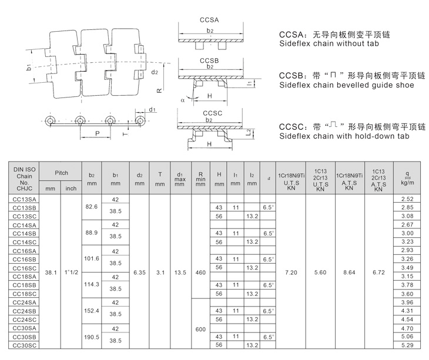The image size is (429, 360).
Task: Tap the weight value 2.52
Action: pos(407,200)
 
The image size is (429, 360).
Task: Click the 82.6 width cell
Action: pos(91,208)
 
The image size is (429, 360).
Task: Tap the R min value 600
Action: pos(200,329)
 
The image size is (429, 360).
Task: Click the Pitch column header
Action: pos(61,173)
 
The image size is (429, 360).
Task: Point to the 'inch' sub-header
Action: pos(71,189)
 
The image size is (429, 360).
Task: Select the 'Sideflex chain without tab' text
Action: pos(329,43)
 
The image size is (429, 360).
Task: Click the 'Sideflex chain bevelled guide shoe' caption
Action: pos(346,85)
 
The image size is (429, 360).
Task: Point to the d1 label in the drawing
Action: pos(152,109)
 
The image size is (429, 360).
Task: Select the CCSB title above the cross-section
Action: pos(210,60)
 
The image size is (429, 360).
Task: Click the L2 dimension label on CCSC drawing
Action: pos(249,133)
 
